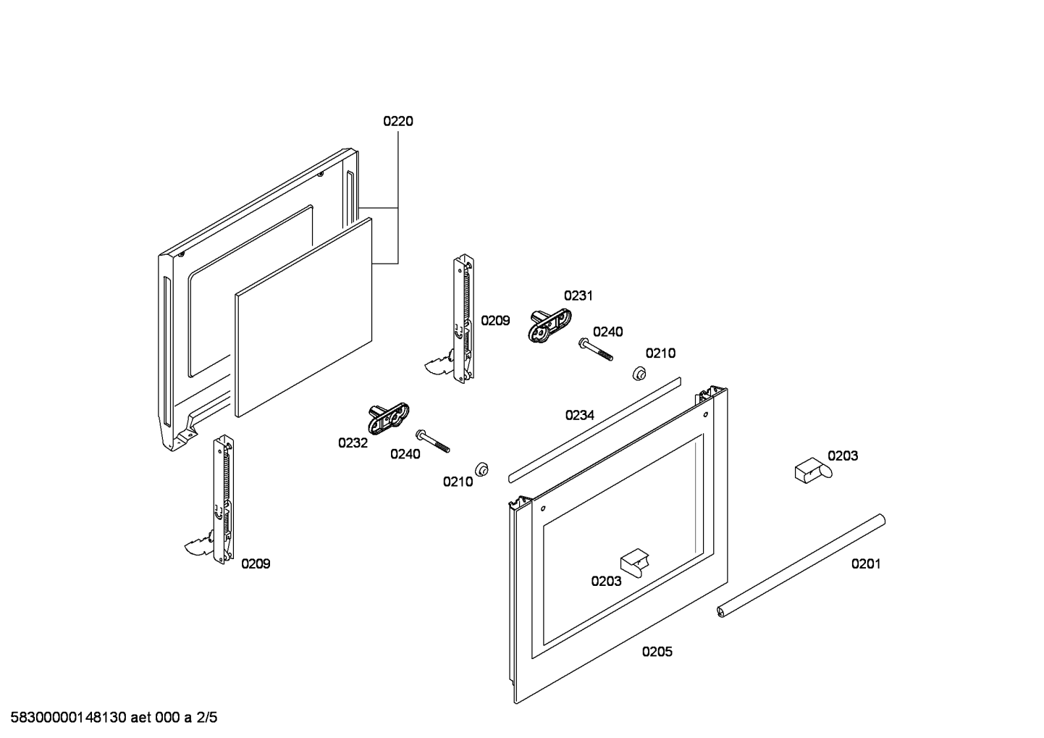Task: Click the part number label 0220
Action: click(397, 121)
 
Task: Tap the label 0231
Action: click(578, 295)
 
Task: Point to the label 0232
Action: click(353, 443)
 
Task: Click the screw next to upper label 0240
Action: click(595, 348)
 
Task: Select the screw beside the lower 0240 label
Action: click(432, 440)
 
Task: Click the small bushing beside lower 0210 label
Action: click(481, 469)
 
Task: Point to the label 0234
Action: click(579, 415)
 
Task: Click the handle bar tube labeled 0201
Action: click(802, 566)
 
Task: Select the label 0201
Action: click(865, 563)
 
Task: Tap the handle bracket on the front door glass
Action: click(634, 561)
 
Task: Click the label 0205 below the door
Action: click(657, 652)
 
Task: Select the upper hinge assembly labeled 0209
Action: click(462, 319)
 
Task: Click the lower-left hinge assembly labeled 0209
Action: click(220, 500)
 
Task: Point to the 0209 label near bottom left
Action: click(256, 563)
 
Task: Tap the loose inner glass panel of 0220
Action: click(304, 319)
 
